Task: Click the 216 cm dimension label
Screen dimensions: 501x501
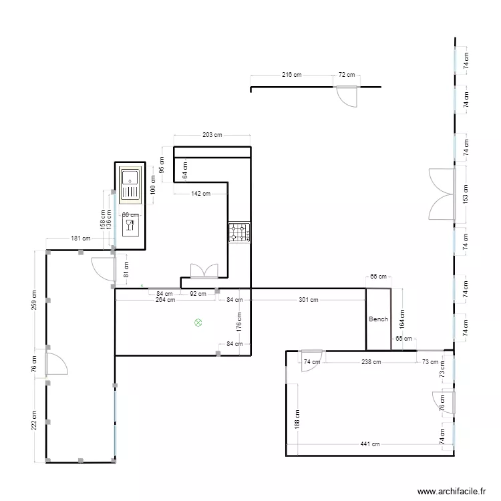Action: point(292,75)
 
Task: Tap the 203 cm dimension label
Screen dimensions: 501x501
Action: point(212,135)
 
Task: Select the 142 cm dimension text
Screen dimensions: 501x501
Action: point(200,194)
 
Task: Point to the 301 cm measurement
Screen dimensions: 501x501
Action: point(309,300)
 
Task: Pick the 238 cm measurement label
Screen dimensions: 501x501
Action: point(371,362)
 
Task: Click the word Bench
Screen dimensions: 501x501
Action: point(378,319)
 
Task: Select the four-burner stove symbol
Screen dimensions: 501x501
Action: point(238,232)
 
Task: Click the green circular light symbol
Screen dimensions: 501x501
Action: point(198,323)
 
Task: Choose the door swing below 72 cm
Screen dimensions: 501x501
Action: point(347,98)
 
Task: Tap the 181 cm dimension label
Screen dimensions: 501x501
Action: point(79,238)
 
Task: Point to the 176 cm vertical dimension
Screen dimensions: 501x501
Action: point(240,324)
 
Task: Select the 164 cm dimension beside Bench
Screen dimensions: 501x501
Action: point(402,317)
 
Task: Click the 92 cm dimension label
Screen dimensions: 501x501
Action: point(198,293)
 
